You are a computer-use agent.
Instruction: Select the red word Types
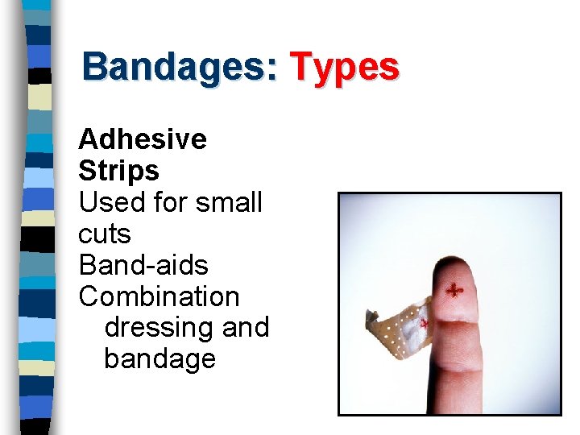coord(344,67)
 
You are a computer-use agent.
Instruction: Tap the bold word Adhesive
coord(143,139)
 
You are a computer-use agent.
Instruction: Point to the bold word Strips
coord(118,171)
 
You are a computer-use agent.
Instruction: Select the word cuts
coord(104,234)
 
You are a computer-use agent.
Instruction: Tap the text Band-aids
coord(143,265)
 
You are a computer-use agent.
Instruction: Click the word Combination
coord(159,296)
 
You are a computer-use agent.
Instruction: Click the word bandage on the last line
coord(159,359)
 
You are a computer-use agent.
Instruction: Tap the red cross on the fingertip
coord(455,290)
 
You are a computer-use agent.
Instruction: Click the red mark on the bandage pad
coord(425,322)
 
